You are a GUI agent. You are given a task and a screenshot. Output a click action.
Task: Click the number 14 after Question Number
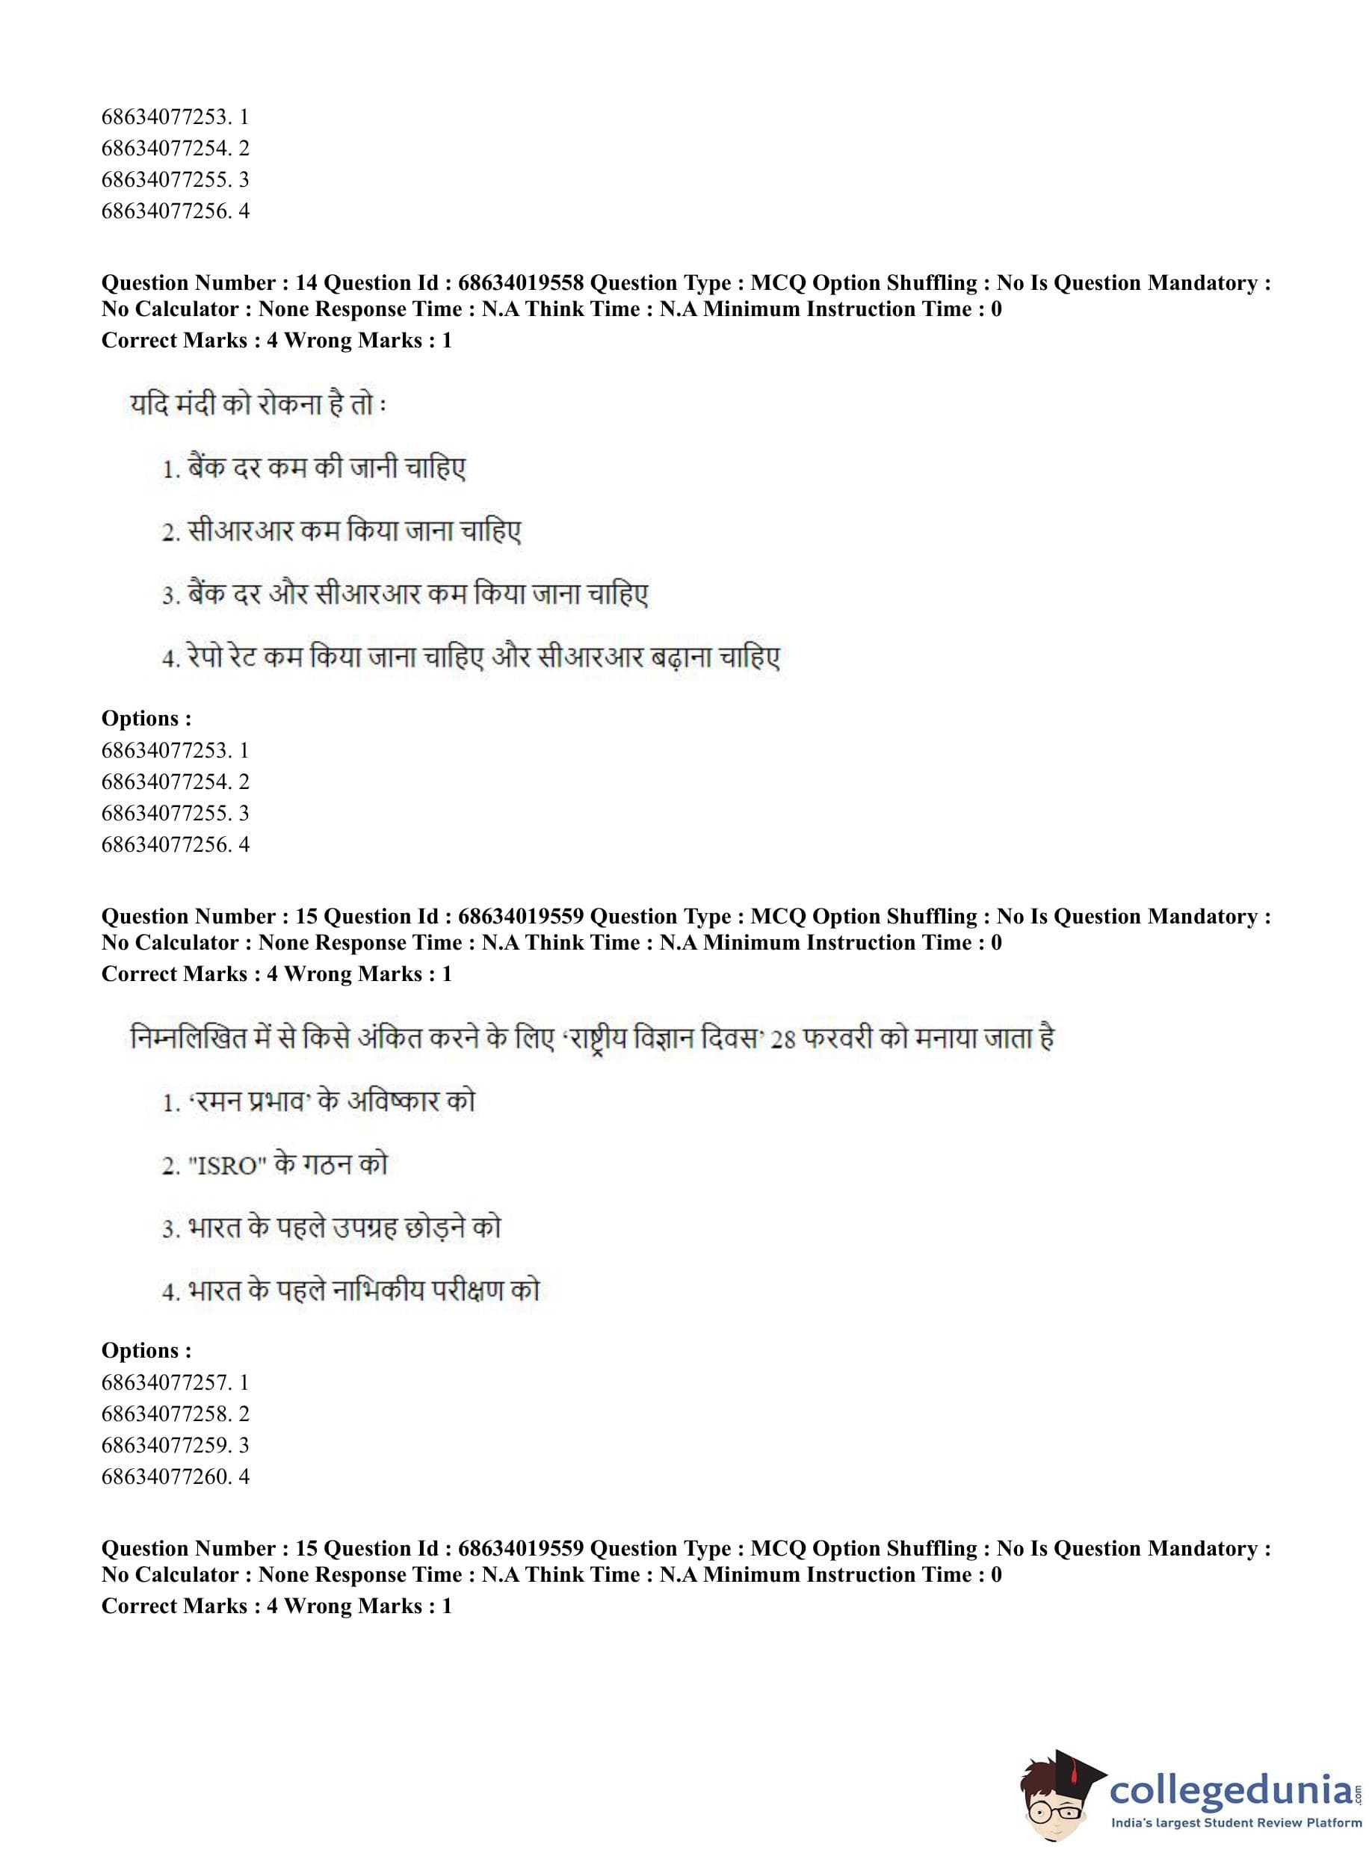pos(306,283)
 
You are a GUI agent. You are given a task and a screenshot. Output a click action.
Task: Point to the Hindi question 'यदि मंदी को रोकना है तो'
pos(258,406)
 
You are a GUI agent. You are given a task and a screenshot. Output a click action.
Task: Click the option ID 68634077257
pos(166,1382)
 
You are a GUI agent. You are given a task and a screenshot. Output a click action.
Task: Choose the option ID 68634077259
pos(166,1446)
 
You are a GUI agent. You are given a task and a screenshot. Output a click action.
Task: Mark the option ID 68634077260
pos(166,1477)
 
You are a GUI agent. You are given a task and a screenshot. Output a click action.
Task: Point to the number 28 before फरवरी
pos(782,1039)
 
